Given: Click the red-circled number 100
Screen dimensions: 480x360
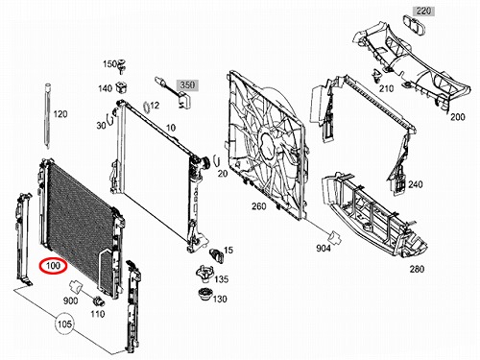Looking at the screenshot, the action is pos(53,266).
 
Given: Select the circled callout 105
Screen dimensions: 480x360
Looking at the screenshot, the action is pos(64,324).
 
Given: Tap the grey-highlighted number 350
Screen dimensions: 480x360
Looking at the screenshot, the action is pos(187,84).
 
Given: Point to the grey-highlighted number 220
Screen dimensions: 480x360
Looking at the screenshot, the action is pos(423,12).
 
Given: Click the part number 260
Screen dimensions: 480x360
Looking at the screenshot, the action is pos(258,206).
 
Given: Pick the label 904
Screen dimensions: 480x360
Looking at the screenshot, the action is pos(324,248).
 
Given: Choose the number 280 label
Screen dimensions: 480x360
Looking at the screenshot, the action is pos(417,269).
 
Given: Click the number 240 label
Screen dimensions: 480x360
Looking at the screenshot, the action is pos(415,184).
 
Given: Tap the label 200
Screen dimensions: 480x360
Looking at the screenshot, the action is pos(458,117).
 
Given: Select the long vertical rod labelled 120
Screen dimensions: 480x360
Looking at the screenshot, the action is pos(48,116).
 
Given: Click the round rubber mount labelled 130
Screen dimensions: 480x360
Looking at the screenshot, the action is pos(204,296).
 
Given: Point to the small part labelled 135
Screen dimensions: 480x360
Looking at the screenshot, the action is pos(204,274).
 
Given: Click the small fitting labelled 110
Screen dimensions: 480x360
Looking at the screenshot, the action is pos(98,301).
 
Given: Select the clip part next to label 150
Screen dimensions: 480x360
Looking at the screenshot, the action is pos(122,66).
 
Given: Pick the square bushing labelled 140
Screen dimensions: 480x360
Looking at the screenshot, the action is pos(121,87).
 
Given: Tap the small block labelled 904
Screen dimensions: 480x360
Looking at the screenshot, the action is pos(335,236).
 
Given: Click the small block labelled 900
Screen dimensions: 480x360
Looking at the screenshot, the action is pos(76,286).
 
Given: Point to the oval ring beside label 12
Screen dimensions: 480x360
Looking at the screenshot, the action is pos(146,107).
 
